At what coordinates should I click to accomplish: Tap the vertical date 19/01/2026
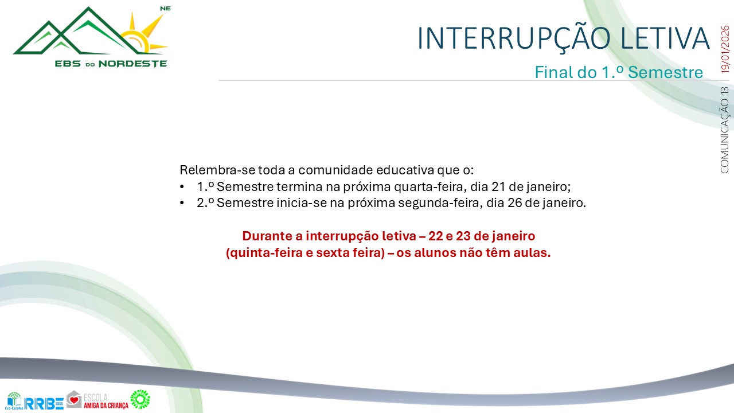pyautogui.click(x=725, y=49)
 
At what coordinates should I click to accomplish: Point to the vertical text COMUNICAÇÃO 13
pyautogui.click(x=725, y=130)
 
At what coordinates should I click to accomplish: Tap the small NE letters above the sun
pyautogui.click(x=165, y=9)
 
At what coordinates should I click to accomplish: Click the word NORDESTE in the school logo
pyautogui.click(x=133, y=64)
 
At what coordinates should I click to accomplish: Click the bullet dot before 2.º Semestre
pyautogui.click(x=182, y=204)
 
